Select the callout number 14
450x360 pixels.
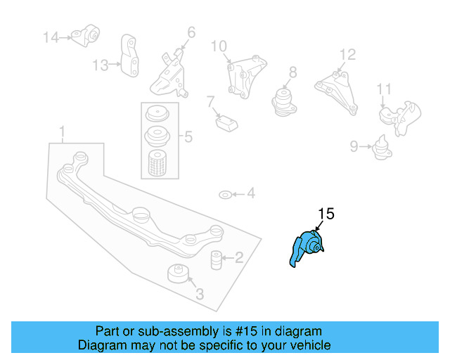(51, 37)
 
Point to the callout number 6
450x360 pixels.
(191, 32)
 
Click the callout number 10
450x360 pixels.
(219, 46)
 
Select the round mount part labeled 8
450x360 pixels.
(284, 99)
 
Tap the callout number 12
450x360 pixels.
(348, 54)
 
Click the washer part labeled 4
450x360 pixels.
(224, 193)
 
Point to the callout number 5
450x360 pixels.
(188, 136)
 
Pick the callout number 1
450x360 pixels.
(62, 131)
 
